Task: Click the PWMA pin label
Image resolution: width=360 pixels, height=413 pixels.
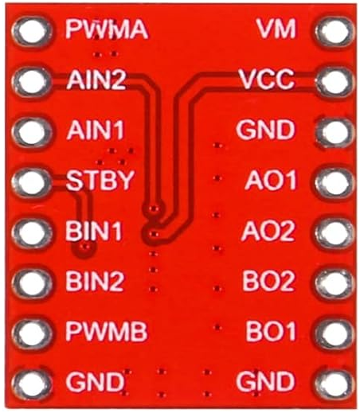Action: (108, 30)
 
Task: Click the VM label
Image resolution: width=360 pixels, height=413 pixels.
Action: (276, 29)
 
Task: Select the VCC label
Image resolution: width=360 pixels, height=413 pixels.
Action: (266, 80)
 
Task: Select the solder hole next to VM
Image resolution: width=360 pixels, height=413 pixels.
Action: (333, 31)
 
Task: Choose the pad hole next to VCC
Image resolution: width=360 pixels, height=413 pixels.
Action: (333, 80)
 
